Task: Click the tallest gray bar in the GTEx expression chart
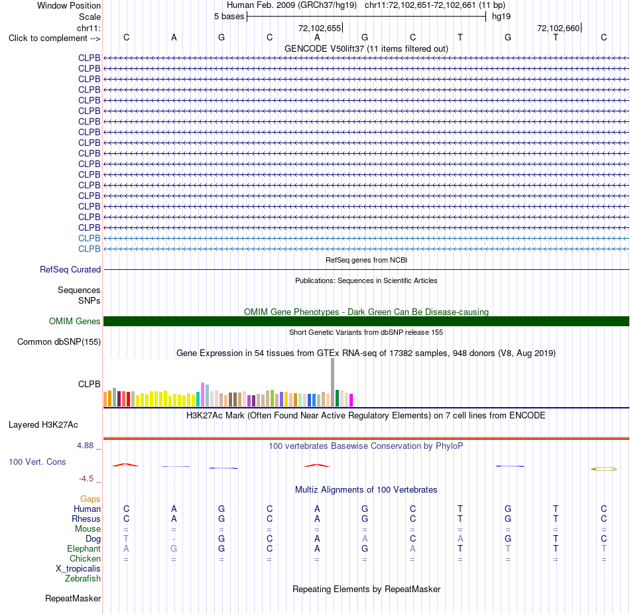click(332, 382)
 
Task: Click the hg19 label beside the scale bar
click(501, 17)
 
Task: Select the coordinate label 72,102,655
click(320, 28)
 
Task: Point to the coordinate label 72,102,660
click(558, 28)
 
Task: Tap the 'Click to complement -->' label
click(54, 38)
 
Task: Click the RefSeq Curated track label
click(70, 270)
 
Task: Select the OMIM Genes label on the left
click(75, 321)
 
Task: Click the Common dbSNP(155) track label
click(59, 342)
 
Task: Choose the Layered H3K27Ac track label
click(43, 425)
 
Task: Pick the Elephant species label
click(84, 549)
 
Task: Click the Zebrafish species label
click(83, 579)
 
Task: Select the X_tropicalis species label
click(78, 569)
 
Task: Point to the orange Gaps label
click(90, 499)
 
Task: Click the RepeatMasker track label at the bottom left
click(73, 598)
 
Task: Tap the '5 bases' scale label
click(229, 17)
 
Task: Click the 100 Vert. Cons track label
click(37, 462)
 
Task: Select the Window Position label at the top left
click(69, 5)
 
